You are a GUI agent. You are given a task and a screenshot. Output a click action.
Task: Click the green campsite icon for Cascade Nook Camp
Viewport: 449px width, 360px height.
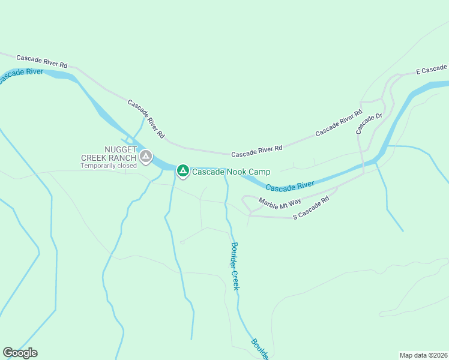[183, 171]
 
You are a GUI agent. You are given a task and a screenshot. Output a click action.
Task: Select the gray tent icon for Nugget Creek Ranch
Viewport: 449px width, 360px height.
[145, 157]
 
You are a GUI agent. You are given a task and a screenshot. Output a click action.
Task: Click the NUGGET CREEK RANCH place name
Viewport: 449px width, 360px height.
[109, 154]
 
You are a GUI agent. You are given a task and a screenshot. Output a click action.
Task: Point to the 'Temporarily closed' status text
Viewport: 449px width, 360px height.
[109, 166]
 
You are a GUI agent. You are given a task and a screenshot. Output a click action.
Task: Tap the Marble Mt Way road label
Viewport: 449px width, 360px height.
[280, 203]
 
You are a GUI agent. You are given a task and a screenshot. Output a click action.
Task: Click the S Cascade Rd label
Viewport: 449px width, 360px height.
[311, 208]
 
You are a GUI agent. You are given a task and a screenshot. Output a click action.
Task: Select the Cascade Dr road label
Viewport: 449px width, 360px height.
[369, 124]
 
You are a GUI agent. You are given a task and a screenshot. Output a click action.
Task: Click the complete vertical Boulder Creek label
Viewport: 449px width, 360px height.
[235, 265]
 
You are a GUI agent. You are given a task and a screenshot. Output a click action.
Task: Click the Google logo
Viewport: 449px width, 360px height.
[20, 353]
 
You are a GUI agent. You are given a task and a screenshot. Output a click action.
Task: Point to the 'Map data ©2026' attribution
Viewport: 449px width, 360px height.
[423, 355]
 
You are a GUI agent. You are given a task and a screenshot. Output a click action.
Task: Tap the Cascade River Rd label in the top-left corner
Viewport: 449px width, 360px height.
[41, 61]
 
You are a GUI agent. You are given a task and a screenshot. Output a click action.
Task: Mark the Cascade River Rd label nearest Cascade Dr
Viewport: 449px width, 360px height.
[339, 122]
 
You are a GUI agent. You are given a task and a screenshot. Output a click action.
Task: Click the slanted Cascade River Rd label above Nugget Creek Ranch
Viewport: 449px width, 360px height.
[146, 119]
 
